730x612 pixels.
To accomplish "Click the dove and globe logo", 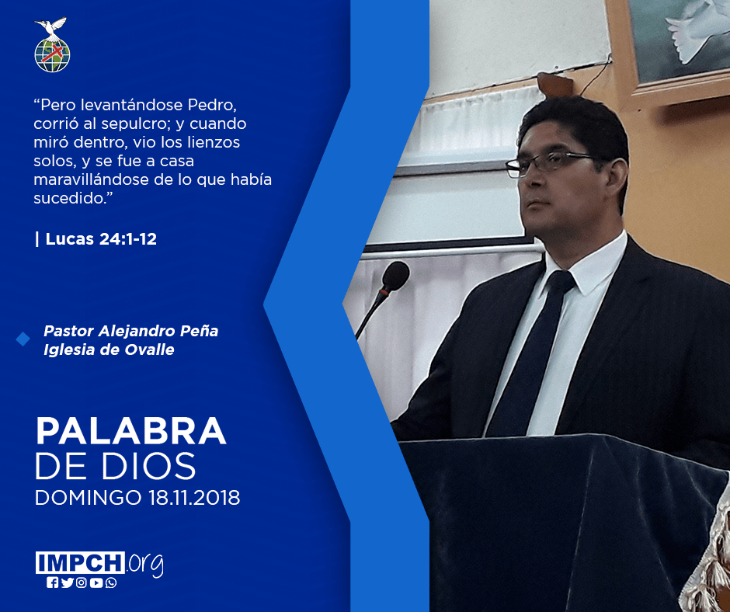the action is [x=52, y=45].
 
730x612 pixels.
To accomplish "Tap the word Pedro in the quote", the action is [x=212, y=105].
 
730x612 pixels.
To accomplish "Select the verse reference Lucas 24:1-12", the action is [x=101, y=239].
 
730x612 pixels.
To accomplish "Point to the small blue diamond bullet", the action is [x=23, y=339].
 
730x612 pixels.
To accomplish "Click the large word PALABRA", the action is [x=130, y=431].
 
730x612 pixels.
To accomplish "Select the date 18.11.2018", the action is [x=194, y=498].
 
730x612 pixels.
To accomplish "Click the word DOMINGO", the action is [x=88, y=498].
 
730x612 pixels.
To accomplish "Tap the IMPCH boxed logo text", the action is [x=80, y=562].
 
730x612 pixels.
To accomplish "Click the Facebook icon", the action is [x=52, y=582].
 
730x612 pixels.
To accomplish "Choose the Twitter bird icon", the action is [x=67, y=582].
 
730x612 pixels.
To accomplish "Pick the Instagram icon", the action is [x=82, y=582].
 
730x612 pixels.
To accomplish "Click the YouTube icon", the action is [x=96, y=582].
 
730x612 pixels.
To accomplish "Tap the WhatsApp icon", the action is [x=111, y=582].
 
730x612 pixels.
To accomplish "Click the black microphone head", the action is [x=395, y=276].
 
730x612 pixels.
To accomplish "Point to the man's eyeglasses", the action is [x=549, y=164].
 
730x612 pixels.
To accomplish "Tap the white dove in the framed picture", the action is [x=693, y=30].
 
